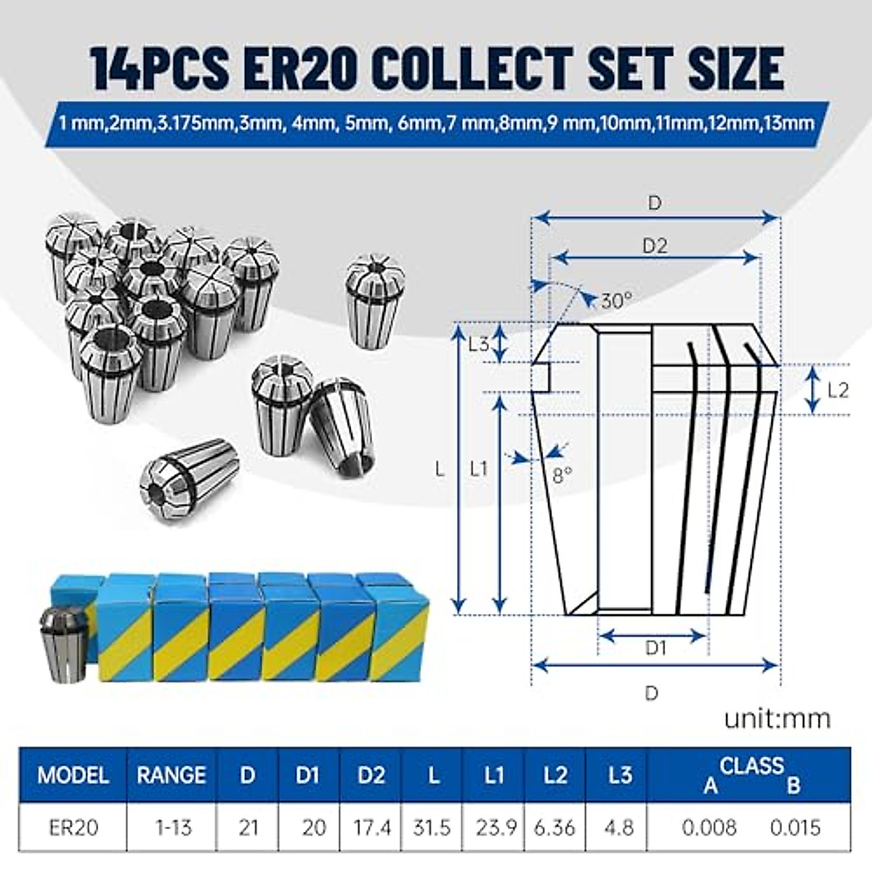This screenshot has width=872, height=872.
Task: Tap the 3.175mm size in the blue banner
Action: click(x=191, y=123)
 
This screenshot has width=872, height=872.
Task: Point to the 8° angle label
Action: click(x=562, y=476)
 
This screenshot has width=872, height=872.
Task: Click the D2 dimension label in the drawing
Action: click(x=655, y=246)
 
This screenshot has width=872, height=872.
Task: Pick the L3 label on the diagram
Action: click(x=479, y=344)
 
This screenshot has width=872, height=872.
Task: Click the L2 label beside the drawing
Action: click(x=838, y=390)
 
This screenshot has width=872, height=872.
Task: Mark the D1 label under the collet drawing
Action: click(x=655, y=647)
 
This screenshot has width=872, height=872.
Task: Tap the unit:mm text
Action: click(x=777, y=719)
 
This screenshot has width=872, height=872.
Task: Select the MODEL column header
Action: click(x=73, y=775)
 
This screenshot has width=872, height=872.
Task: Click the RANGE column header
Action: click(x=171, y=775)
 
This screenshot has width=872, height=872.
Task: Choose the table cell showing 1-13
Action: click(x=173, y=827)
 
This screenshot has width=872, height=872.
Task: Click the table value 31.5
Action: click(x=432, y=827)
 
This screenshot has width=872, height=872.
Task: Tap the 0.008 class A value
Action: click(x=710, y=827)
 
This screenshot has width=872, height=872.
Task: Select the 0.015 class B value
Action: click(x=795, y=827)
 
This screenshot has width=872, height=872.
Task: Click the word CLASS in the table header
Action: click(x=752, y=765)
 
